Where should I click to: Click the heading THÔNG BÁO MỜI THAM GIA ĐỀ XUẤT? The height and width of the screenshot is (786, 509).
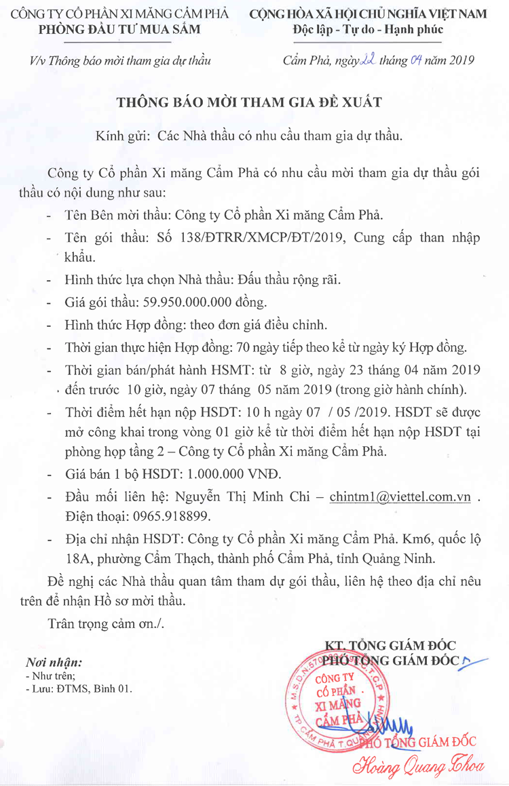tap(250, 103)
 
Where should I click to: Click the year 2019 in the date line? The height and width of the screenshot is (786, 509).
tap(459, 60)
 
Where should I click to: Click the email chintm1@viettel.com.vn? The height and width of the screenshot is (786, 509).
tap(400, 496)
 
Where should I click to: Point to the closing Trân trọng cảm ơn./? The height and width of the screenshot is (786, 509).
tap(106, 623)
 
